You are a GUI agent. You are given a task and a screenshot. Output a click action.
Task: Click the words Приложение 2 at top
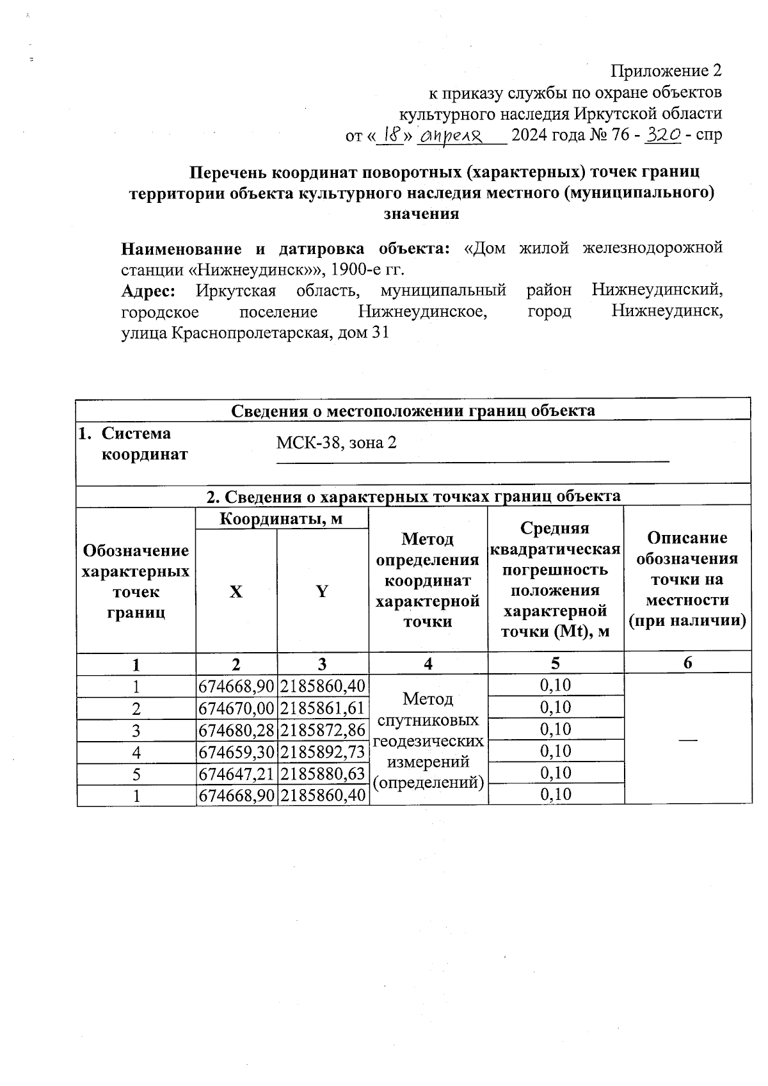point(666,70)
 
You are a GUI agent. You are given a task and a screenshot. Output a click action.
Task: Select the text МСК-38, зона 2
point(336,442)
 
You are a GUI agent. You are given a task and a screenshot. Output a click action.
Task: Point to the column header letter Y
point(322,592)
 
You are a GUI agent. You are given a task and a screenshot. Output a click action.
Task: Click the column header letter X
point(236,592)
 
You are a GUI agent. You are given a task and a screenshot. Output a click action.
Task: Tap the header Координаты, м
point(282,518)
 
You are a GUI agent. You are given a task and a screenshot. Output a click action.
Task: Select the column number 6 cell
point(687,664)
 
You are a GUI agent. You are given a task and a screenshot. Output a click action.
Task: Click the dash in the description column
point(687,739)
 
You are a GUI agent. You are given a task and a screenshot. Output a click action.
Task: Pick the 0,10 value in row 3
point(555,729)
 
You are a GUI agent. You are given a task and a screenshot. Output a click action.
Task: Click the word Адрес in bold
point(148,291)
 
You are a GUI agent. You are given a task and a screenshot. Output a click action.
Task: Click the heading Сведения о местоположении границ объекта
point(413,410)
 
